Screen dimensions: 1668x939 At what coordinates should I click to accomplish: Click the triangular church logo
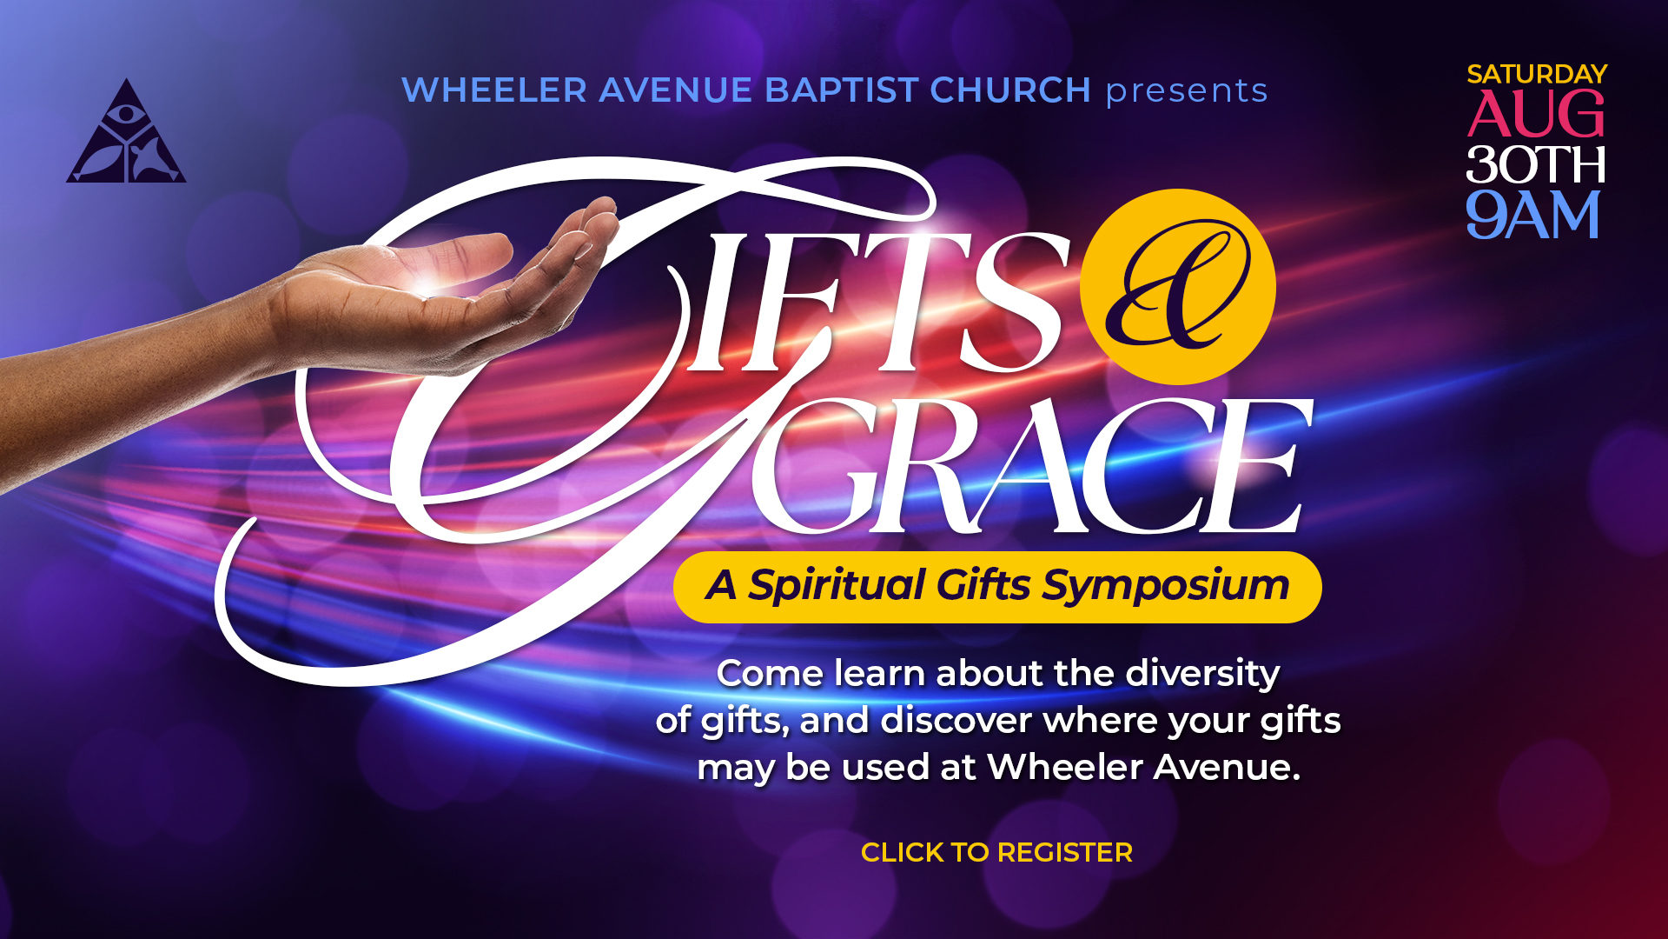coord(126,132)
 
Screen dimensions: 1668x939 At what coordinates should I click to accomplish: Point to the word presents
coord(1187,91)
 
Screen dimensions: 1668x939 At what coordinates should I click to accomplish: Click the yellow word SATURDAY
coord(1537,74)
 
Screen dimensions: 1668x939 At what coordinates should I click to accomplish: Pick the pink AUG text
coord(1536,115)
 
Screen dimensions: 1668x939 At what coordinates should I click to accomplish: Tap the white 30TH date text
coord(1535,164)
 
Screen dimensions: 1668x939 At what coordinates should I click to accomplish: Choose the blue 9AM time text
coord(1533,215)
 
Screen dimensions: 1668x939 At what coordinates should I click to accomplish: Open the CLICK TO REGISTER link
coord(996,852)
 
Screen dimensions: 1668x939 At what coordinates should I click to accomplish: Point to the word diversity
coord(1202,674)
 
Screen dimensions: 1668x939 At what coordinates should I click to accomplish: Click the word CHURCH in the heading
coord(1010,90)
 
